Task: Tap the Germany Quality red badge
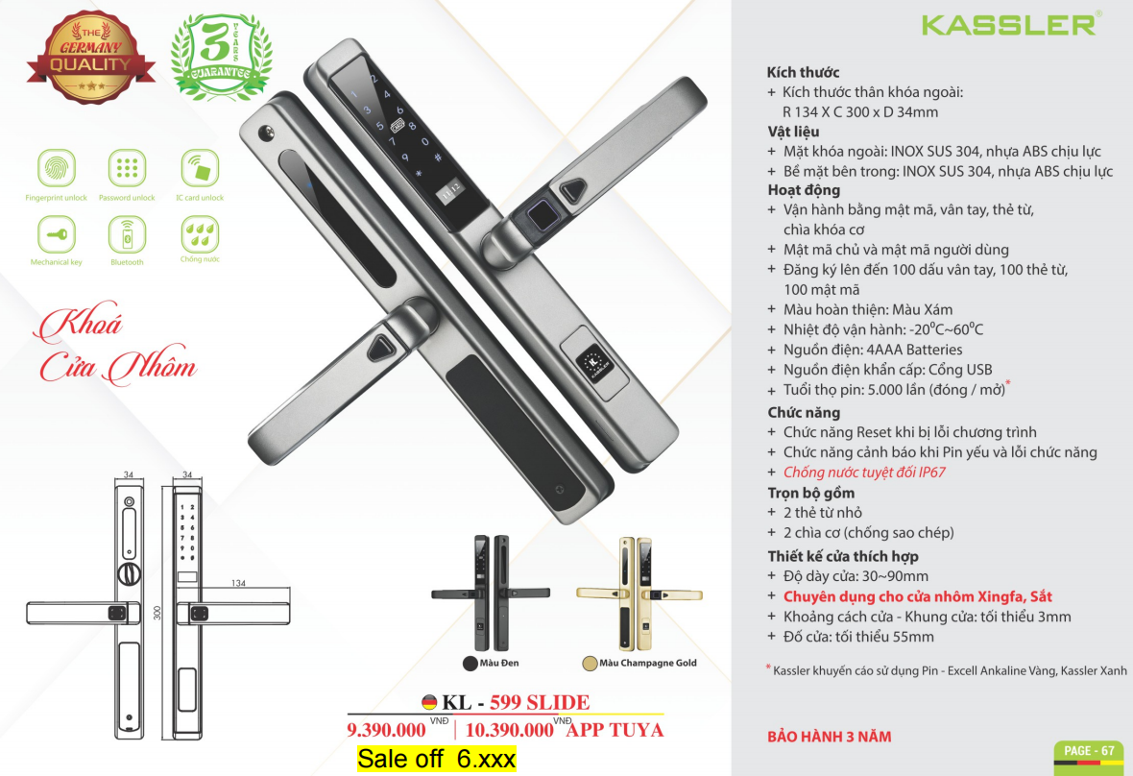tap(91, 57)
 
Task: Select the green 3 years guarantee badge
tap(221, 57)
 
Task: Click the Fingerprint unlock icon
tap(57, 168)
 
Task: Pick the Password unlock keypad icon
tap(127, 168)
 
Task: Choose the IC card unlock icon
tap(200, 168)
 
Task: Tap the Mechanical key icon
tap(57, 234)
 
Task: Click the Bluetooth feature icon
tap(127, 234)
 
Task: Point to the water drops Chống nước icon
tap(200, 234)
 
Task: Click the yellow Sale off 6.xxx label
tap(437, 759)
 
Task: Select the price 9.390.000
tap(387, 730)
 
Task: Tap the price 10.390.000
tap(510, 730)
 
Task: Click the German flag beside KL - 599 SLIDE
tap(429, 702)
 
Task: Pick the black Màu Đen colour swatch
tap(470, 664)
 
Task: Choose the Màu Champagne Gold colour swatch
tap(590, 664)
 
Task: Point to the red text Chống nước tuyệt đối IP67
tap(864, 473)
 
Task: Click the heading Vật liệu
tap(793, 132)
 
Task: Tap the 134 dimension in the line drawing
tap(238, 583)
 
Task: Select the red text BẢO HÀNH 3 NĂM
tap(830, 737)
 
